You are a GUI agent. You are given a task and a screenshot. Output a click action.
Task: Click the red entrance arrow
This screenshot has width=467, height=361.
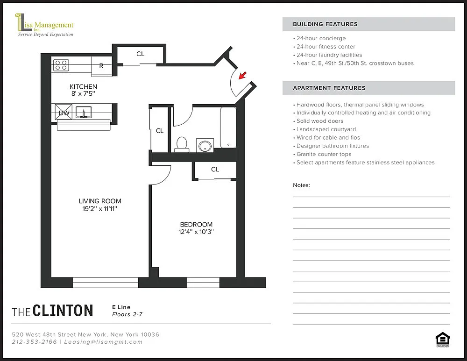(243, 75)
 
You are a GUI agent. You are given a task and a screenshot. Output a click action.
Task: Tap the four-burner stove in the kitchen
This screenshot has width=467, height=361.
(61, 65)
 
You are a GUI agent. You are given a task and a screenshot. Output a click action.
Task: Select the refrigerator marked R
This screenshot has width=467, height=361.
(101, 66)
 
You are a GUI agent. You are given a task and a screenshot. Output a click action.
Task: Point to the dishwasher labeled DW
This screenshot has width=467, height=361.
(64, 112)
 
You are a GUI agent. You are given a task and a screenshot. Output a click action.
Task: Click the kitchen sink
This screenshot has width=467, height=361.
(84, 112)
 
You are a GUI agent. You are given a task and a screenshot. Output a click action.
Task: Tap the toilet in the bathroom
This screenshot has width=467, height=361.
(181, 144)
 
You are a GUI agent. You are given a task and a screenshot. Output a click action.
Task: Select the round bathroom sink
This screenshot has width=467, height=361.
(205, 146)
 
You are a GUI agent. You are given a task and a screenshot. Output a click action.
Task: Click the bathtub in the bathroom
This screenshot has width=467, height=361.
(228, 127)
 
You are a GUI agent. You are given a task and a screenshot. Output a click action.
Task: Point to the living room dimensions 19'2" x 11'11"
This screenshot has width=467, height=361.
(100, 209)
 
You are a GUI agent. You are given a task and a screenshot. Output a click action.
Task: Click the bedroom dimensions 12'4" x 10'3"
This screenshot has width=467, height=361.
(196, 232)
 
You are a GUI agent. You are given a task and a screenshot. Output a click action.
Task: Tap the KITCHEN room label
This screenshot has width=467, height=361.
(84, 87)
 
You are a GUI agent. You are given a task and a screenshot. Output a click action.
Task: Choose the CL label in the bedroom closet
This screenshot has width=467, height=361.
(215, 170)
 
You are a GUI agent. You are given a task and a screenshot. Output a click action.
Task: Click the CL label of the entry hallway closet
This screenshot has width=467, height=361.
(140, 54)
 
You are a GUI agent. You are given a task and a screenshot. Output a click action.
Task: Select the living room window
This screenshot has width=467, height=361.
(106, 283)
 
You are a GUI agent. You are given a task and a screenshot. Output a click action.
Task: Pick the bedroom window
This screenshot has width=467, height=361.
(204, 283)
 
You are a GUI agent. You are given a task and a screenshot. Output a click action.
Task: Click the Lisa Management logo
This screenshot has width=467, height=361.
(44, 25)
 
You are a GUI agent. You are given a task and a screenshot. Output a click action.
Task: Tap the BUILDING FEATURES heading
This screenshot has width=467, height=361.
(325, 24)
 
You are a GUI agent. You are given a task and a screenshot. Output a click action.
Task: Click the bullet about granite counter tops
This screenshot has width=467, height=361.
(322, 154)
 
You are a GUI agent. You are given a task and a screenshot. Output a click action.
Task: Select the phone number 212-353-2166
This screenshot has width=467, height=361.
(34, 342)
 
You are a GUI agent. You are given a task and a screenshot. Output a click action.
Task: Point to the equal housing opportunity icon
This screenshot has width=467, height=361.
(443, 340)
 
